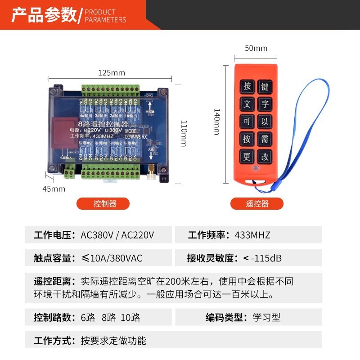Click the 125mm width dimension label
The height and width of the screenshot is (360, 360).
click(x=112, y=72)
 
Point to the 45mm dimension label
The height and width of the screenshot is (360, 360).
click(x=54, y=189)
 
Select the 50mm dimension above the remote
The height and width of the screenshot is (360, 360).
click(x=256, y=48)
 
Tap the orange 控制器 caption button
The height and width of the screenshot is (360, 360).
click(x=105, y=203)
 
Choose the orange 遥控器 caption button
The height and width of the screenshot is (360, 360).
click(x=257, y=203)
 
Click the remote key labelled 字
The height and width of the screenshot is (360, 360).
click(x=265, y=104)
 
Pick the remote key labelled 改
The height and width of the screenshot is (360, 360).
click(x=265, y=157)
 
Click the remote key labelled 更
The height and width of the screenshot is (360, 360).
click(x=247, y=157)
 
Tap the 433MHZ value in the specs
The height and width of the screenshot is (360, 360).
click(x=252, y=235)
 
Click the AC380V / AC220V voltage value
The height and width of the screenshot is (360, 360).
click(x=117, y=235)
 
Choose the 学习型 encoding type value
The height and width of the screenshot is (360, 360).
click(x=266, y=317)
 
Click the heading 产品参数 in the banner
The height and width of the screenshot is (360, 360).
click(x=44, y=15)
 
